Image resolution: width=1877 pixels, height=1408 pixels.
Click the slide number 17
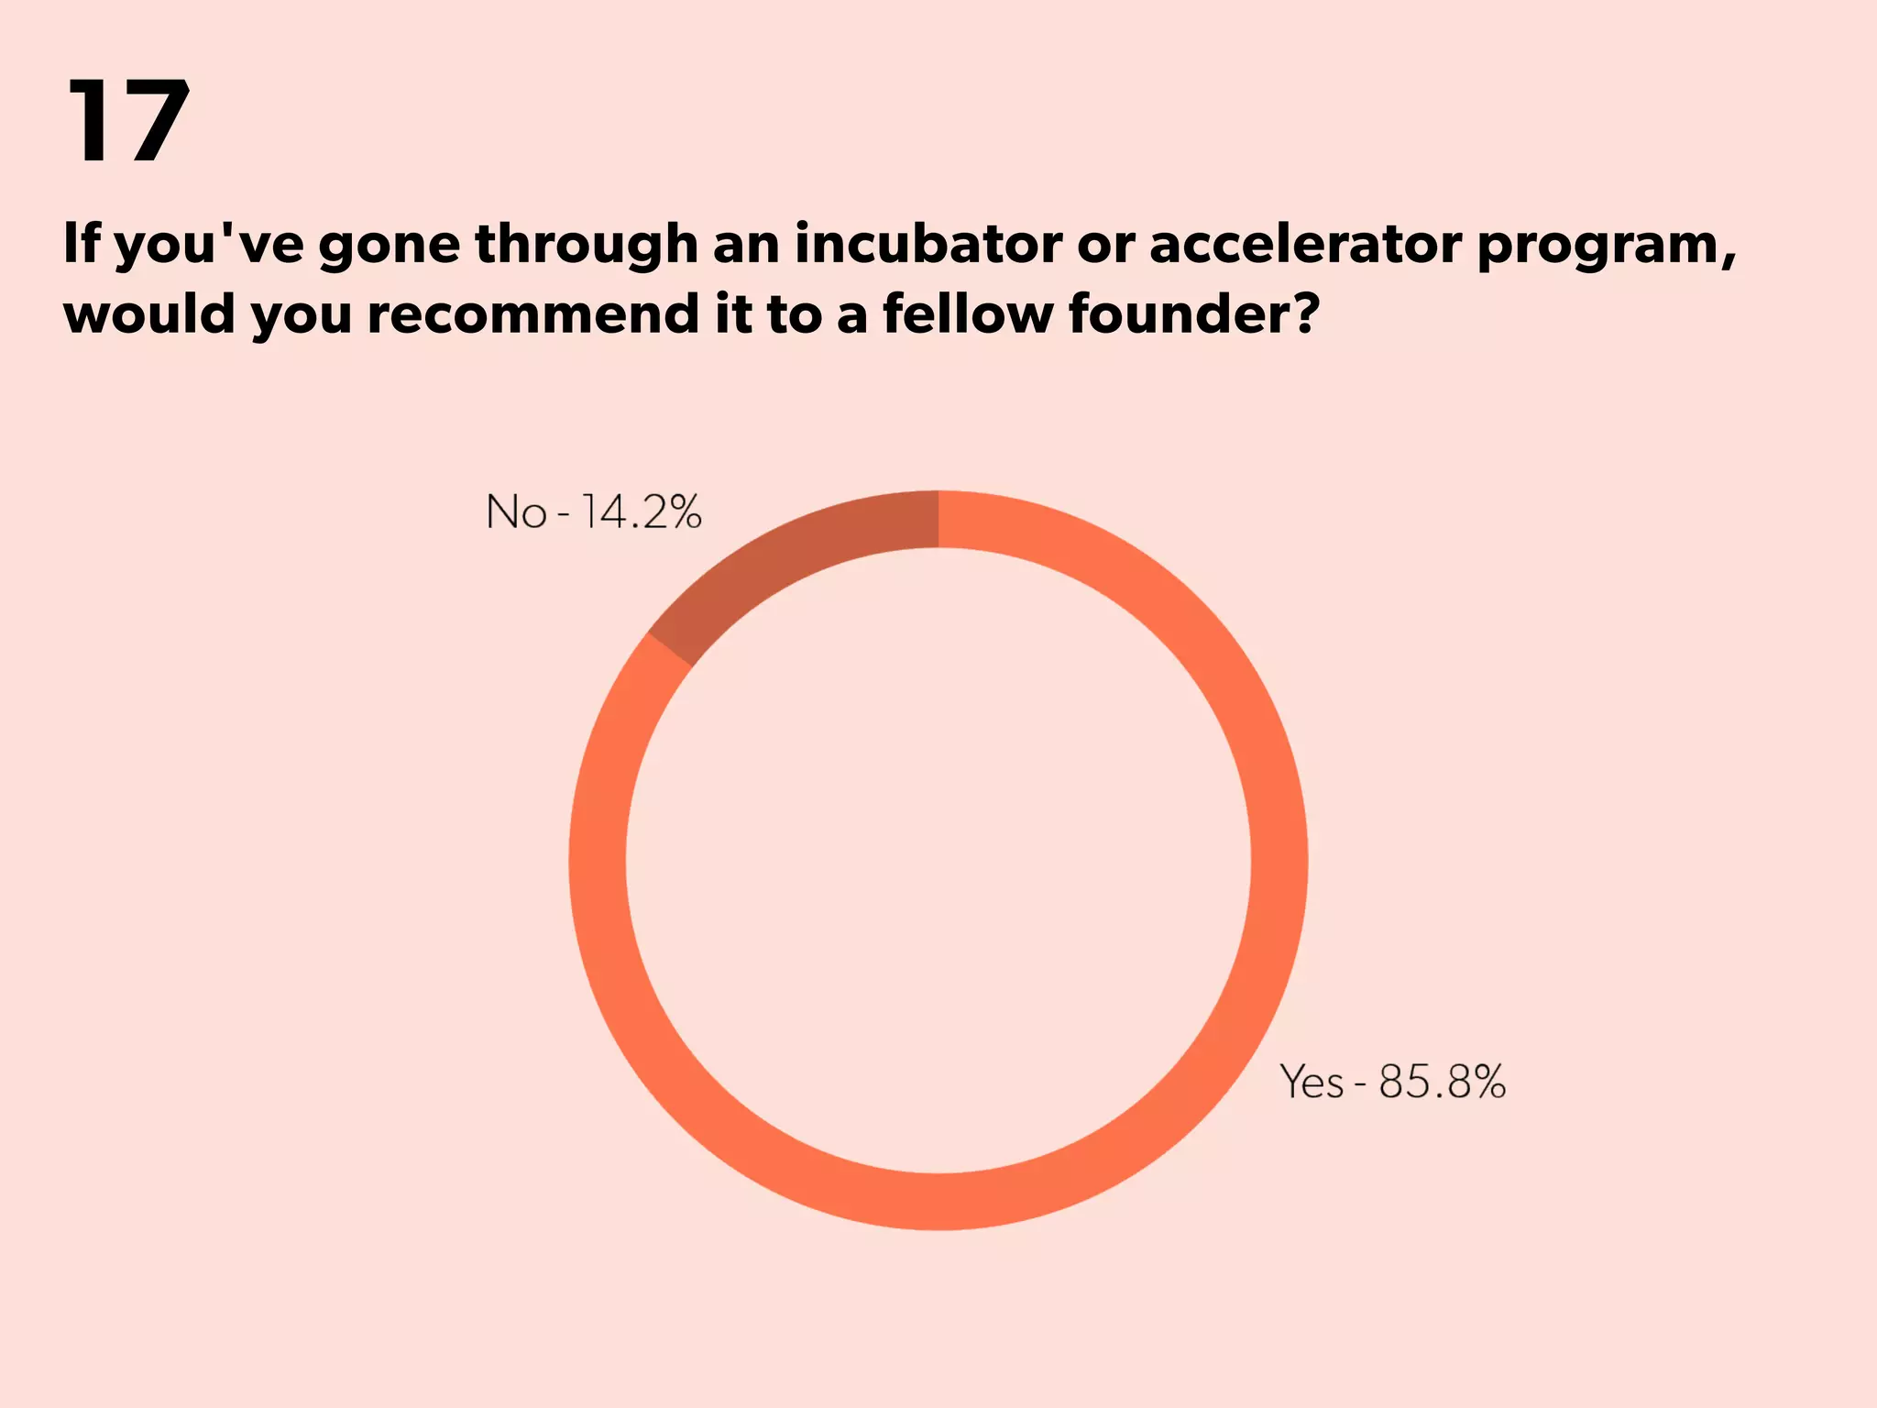coord(128,122)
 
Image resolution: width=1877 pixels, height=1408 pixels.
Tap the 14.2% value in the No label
coord(642,511)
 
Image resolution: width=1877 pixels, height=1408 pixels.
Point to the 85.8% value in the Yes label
coord(1442,1082)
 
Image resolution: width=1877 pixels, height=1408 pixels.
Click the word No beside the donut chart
coord(516,511)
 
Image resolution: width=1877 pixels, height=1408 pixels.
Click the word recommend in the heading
coord(532,314)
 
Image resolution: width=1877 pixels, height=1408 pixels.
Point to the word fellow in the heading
coord(967,314)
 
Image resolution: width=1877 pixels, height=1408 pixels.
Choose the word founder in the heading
coord(1182,314)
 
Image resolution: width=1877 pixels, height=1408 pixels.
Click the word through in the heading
coord(587,246)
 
